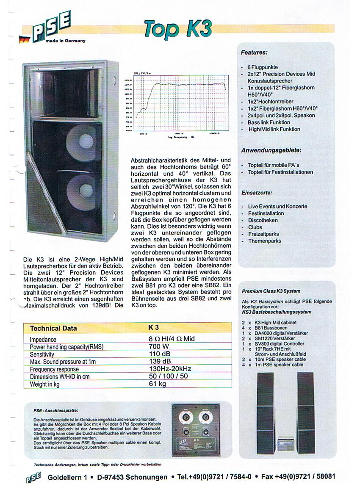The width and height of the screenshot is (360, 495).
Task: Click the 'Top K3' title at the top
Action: [177, 28]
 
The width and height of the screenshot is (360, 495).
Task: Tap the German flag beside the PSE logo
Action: [23, 39]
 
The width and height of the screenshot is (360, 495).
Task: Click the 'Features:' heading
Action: [254, 53]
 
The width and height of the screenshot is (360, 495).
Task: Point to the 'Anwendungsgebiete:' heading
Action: [271, 150]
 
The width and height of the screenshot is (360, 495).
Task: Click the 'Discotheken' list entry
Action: [263, 220]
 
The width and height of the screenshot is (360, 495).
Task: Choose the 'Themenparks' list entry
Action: [264, 241]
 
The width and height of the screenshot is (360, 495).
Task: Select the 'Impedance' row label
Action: [43, 340]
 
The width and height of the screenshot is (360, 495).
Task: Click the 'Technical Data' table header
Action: [53, 328]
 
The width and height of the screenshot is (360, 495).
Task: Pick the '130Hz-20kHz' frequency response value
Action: [170, 369]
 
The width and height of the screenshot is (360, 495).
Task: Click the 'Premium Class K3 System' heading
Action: [271, 291]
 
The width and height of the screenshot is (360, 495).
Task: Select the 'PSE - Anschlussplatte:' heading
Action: [55, 411]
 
